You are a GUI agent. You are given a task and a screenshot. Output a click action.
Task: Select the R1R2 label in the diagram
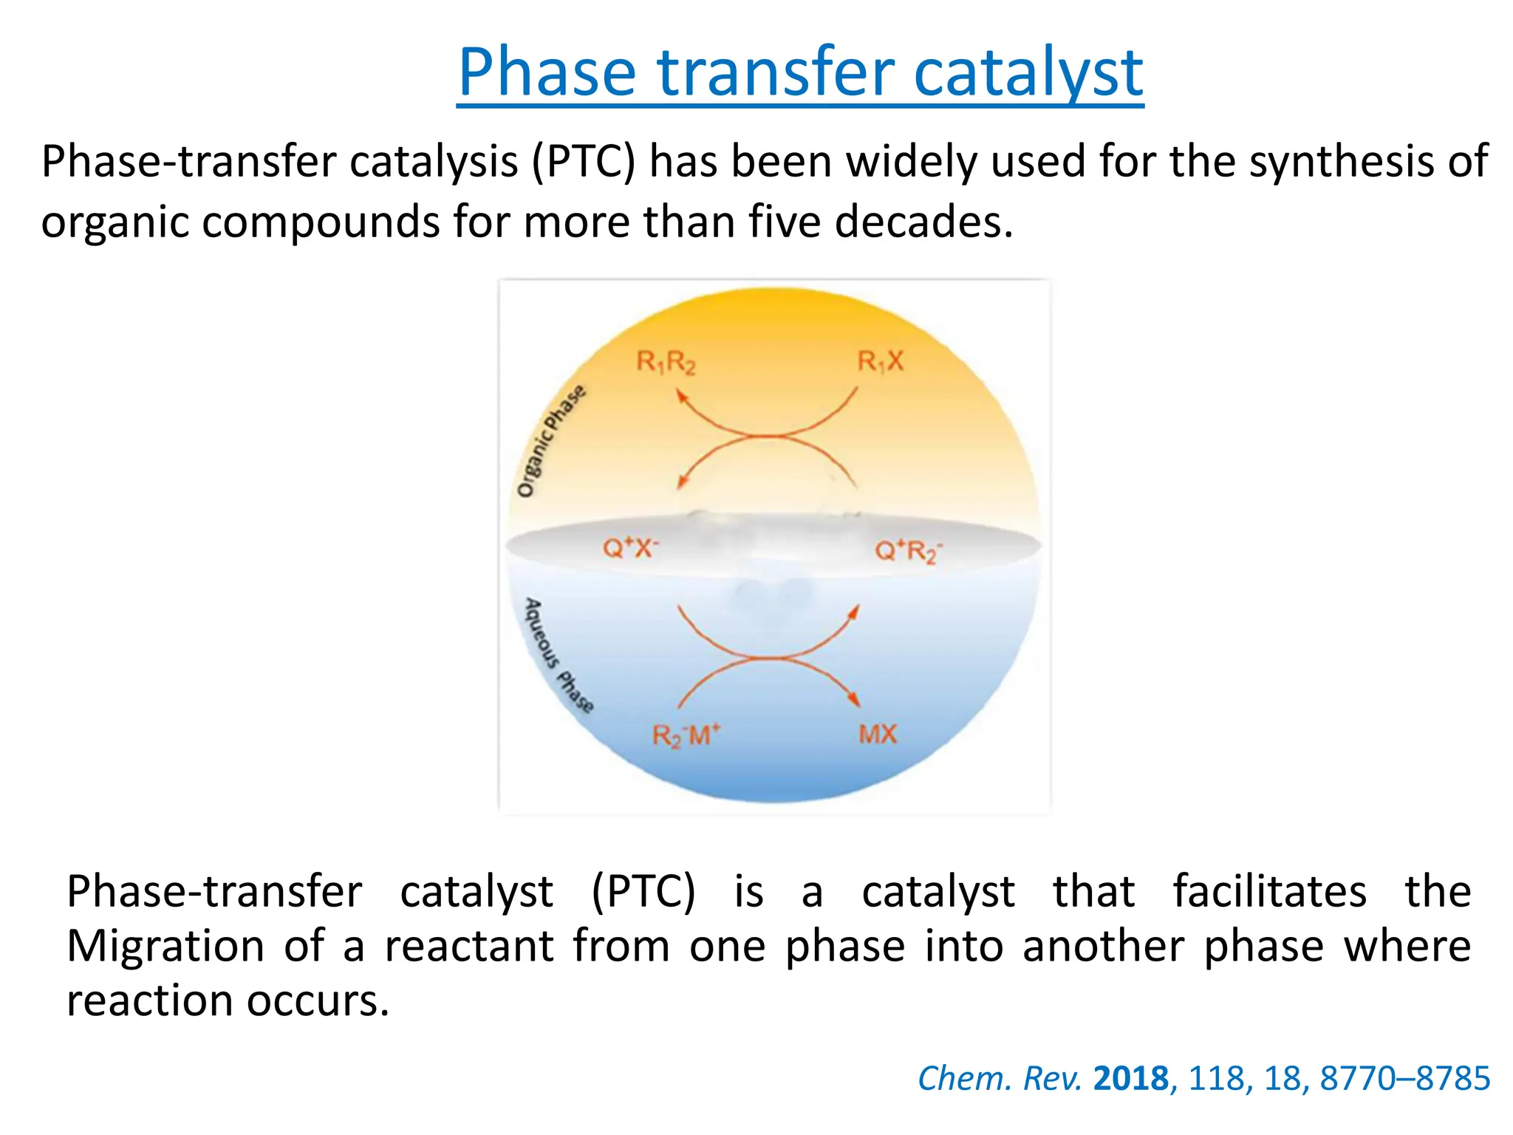666,362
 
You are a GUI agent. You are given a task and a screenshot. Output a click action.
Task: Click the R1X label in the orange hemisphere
880,361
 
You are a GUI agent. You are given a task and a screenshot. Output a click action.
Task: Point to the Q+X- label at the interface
630,548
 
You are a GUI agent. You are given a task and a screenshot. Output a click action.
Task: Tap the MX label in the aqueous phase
878,734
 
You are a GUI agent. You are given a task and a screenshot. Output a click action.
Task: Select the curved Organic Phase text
550,441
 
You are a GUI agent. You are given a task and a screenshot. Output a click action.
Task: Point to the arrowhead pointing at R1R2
682,397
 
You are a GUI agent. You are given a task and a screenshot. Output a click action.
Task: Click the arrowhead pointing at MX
855,701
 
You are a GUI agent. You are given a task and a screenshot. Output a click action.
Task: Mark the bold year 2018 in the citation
1130,1079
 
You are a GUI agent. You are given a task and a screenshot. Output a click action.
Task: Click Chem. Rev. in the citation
999,1079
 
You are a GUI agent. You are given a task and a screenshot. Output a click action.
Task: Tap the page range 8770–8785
1404,1079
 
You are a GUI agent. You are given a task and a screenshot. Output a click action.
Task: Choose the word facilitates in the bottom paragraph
1269,891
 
